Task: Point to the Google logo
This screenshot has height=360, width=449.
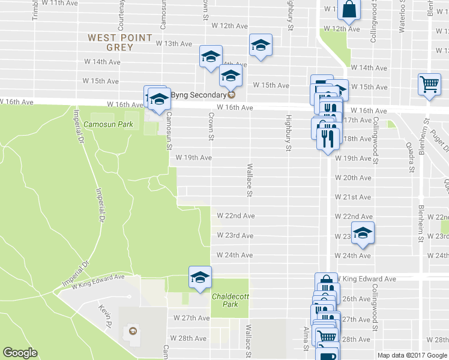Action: pos(20,352)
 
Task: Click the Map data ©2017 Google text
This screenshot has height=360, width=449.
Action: pos(412,355)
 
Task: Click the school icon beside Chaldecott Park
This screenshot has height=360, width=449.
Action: pos(200,277)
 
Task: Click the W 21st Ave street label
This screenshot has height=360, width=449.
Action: pos(353,197)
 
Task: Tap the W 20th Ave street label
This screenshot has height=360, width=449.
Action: pos(353,178)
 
